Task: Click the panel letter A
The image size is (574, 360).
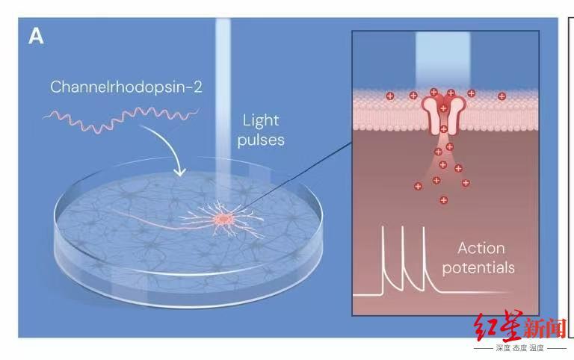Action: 36,37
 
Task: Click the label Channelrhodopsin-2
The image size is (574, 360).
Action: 126,87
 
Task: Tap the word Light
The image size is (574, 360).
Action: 261,120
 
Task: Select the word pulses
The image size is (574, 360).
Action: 261,140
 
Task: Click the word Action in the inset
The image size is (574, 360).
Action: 481,249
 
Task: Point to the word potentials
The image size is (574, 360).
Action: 478,268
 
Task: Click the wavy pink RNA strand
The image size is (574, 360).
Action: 121,119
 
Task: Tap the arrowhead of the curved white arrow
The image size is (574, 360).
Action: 179,171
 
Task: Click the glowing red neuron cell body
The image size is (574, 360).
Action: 223,219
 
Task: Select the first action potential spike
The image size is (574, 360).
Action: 383,256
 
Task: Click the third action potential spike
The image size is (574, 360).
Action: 424,256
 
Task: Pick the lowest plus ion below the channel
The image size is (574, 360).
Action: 444,200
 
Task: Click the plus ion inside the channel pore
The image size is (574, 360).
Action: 443,108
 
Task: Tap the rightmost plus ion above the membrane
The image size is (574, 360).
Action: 502,96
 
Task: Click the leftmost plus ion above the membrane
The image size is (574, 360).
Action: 390,96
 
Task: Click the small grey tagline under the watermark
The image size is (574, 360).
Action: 520,348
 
